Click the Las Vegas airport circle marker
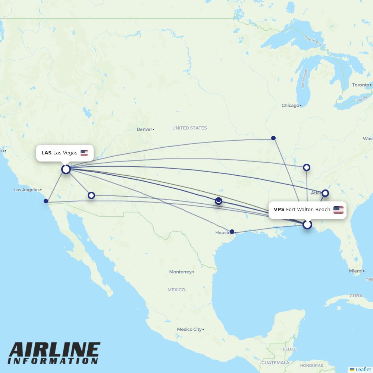coord(66,169)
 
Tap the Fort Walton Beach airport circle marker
coord(307,225)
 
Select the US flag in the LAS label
coord(84,153)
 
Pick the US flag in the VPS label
coord(338,210)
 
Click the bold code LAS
coord(46,153)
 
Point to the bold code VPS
coord(279,210)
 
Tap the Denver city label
coord(144,129)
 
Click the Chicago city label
coord(290,106)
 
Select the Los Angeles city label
coord(26,190)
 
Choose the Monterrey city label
coord(180,272)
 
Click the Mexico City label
coord(189,329)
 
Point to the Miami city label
coord(355,271)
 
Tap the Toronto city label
coord(360,85)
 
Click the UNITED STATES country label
coord(189,128)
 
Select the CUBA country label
coord(356,296)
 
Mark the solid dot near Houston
coord(232,232)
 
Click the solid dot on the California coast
coord(46,201)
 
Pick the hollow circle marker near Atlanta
coord(325,193)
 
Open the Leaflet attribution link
coord(363,369)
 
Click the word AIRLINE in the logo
coord(54,350)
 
